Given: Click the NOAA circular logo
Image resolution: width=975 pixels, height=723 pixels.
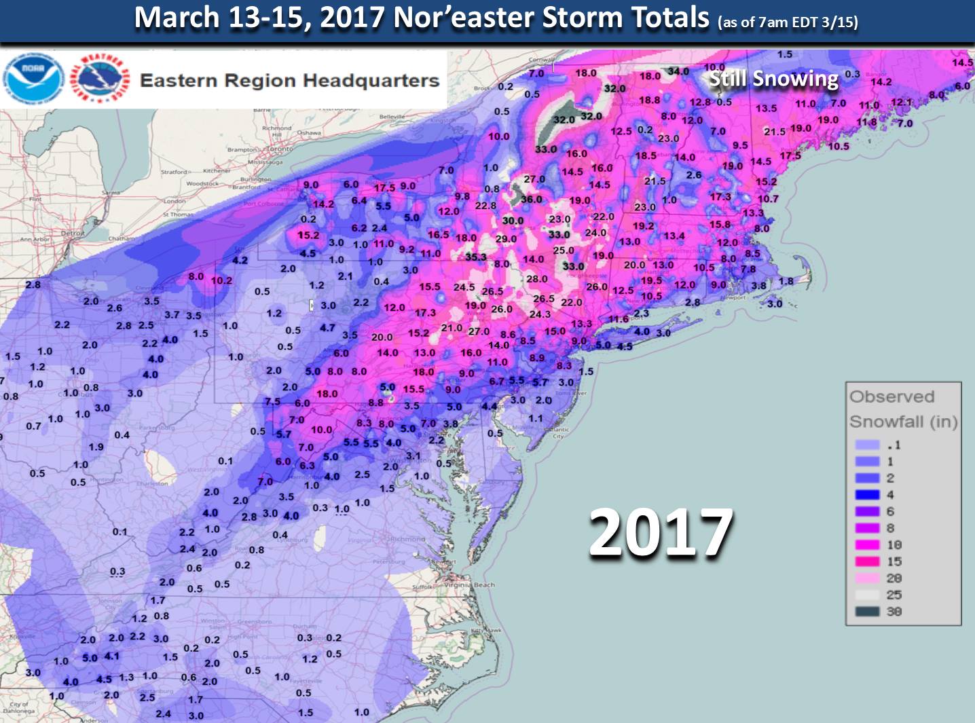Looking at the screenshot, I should [33, 78].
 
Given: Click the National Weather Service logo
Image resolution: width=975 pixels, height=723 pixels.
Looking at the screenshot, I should [100, 78].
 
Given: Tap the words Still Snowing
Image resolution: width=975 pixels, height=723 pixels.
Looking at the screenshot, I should [773, 79].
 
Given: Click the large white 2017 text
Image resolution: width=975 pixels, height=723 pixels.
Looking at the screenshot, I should [661, 534].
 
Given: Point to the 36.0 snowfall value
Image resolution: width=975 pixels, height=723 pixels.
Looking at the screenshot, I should [531, 200].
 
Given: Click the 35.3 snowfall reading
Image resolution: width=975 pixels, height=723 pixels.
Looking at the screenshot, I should [476, 257].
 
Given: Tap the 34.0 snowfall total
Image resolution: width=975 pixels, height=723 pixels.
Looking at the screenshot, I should [678, 71].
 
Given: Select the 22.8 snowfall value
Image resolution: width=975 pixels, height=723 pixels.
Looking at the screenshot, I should [485, 206].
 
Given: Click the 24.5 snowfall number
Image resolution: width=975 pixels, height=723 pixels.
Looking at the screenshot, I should [464, 287].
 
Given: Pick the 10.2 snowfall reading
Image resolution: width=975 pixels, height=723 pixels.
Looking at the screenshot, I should [221, 280].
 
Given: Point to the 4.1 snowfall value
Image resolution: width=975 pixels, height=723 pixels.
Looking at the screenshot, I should [111, 656].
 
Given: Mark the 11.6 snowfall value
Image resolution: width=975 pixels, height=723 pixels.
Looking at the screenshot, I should [618, 319].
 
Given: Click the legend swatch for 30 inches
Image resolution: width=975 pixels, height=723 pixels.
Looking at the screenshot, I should [867, 612].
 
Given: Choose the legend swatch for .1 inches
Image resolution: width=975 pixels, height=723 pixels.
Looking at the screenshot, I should [867, 445].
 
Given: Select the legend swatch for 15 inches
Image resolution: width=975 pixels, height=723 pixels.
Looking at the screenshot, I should [867, 561].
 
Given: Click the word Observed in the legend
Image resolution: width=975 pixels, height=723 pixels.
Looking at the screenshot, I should [891, 396].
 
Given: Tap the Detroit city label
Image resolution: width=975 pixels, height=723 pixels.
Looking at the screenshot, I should [73, 233].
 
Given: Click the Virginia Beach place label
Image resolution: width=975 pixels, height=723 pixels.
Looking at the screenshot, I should [469, 585].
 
